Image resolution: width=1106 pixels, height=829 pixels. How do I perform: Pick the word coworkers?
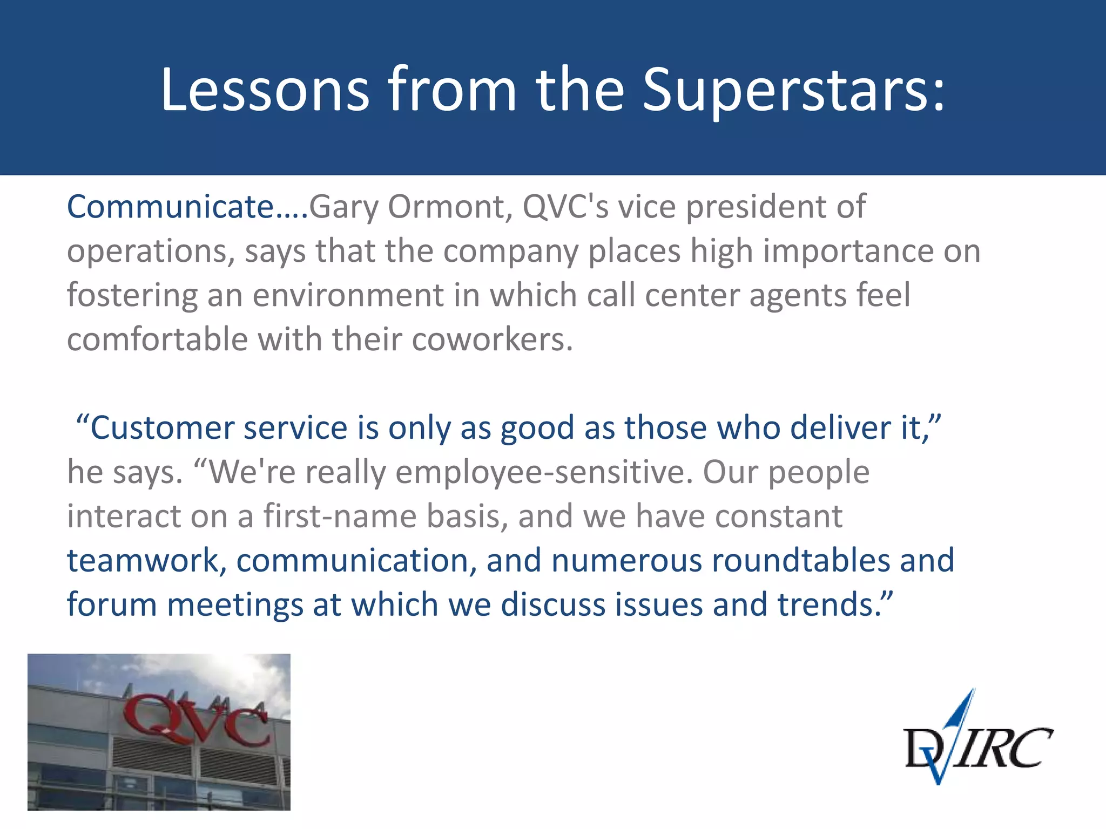(x=491, y=339)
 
